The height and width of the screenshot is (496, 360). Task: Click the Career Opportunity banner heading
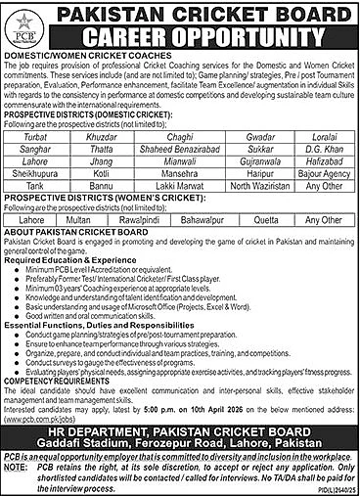click(x=201, y=38)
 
